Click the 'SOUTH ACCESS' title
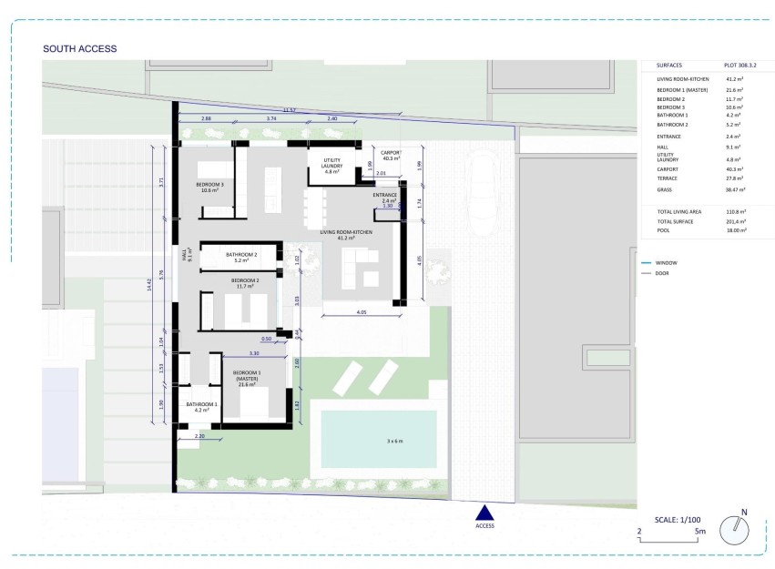tap(80, 48)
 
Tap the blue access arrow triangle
tap(484, 513)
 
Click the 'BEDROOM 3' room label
tap(209, 185)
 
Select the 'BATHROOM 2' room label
tap(241, 254)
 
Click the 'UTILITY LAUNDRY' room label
tap(326, 165)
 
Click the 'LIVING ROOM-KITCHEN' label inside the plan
tap(345, 233)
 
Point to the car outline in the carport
tap(484, 182)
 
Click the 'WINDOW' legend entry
tap(668, 262)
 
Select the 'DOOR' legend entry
tap(665, 273)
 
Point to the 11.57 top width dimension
tap(290, 110)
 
